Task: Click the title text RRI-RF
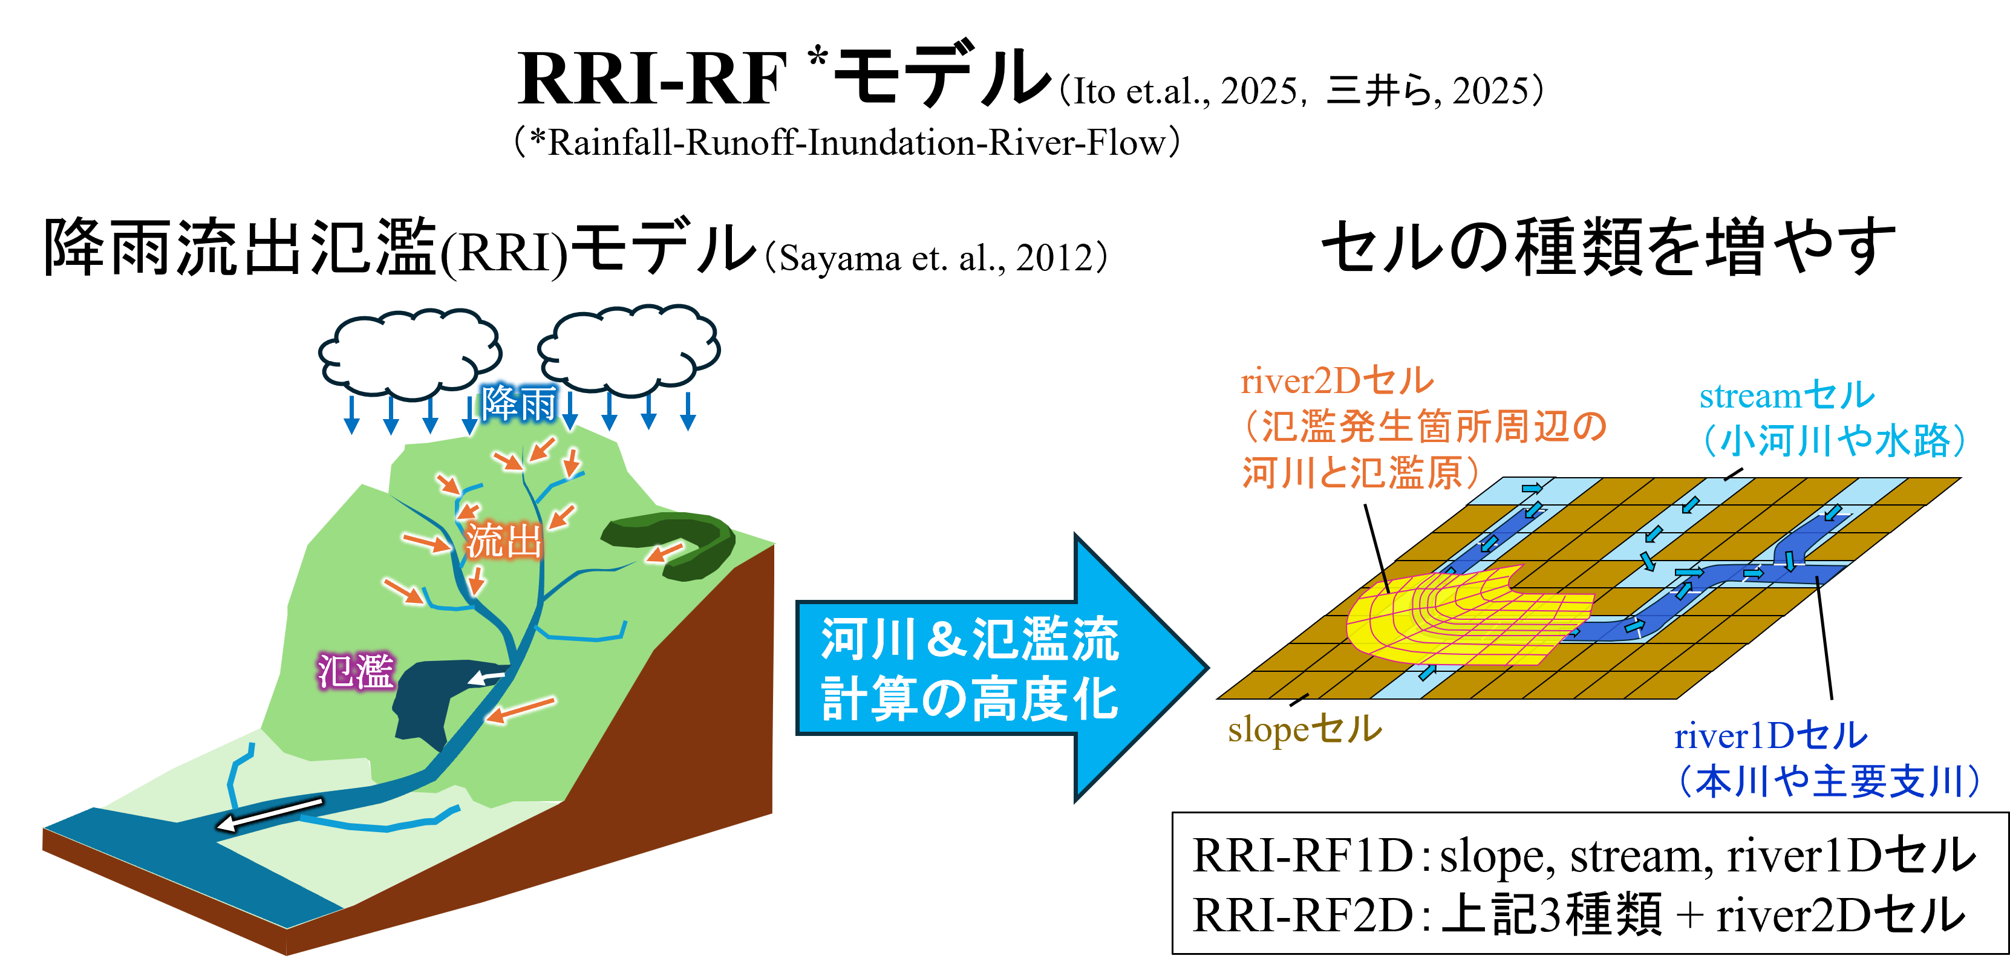pyautogui.click(x=651, y=78)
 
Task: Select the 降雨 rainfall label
pyautogui.click(x=519, y=403)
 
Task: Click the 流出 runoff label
pyautogui.click(x=503, y=540)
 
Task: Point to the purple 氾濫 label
pyautogui.click(x=356, y=671)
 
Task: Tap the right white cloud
pyautogui.click(x=628, y=349)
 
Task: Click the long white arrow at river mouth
pyautogui.click(x=269, y=814)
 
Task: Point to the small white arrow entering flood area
pyautogui.click(x=487, y=677)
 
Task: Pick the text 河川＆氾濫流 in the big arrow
pyautogui.click(x=970, y=640)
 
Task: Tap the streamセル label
pyautogui.click(x=1787, y=395)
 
